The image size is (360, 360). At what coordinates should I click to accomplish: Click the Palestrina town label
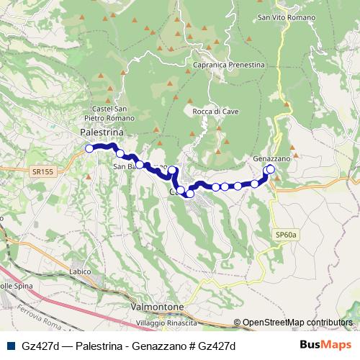pos(102,133)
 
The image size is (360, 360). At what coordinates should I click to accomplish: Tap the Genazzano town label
pos(271,158)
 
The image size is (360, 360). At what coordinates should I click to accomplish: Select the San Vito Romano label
pos(282,16)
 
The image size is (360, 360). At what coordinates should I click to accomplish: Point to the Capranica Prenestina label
pos(229,64)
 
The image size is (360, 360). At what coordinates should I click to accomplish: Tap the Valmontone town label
pos(158,307)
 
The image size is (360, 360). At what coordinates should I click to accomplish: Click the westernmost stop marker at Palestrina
pos(89,148)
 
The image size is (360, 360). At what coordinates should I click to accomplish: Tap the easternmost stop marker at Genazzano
pos(270,169)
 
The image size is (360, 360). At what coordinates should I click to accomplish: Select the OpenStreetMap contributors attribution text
pos(297,323)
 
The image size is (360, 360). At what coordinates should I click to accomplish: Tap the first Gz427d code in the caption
pos(40,346)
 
